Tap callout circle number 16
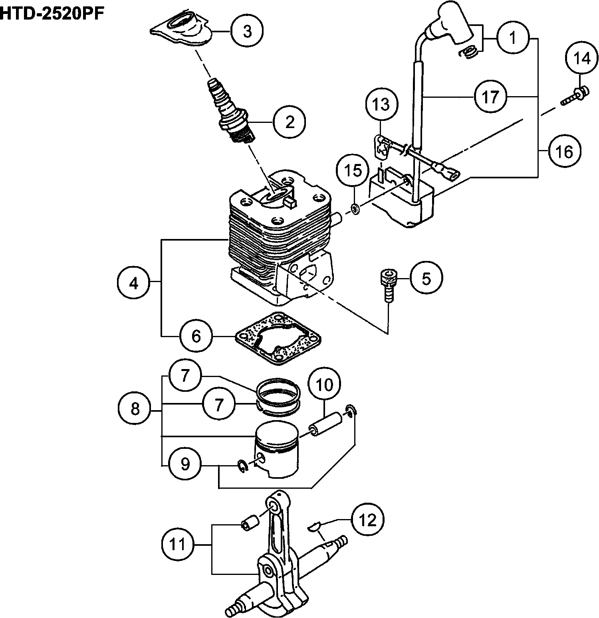coord(565,151)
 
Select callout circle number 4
coord(133,283)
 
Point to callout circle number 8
coord(135,409)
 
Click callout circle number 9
coord(185,464)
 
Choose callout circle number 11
coord(178,544)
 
